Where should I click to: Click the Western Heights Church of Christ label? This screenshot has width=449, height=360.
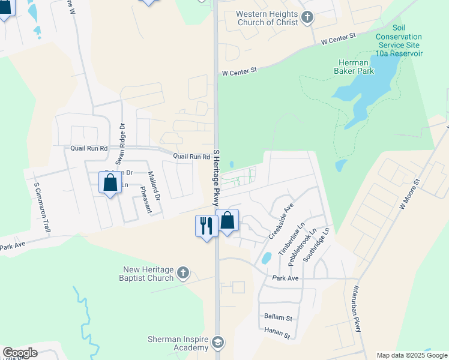click(267, 18)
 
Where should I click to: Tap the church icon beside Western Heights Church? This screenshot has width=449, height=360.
click(308, 17)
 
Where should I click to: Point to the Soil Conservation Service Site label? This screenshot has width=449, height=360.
click(399, 41)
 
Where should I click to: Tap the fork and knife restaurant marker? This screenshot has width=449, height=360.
click(206, 226)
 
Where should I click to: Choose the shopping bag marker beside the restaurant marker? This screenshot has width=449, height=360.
click(228, 221)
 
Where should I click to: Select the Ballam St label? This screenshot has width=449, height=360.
click(278, 316)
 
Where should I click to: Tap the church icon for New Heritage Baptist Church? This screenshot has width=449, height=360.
click(184, 274)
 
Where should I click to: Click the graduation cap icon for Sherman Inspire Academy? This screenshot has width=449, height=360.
click(218, 343)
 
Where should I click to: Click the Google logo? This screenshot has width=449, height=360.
click(20, 352)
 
